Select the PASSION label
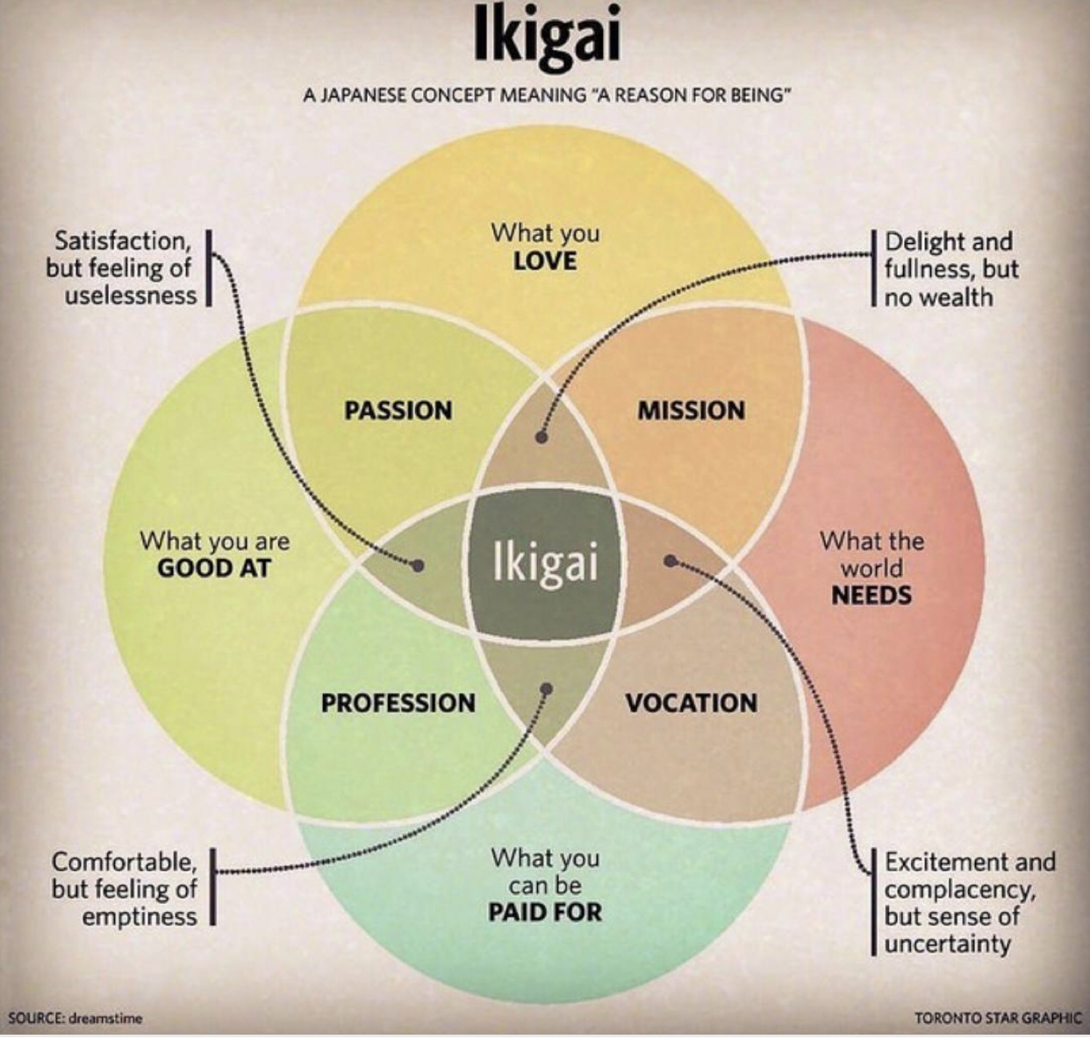coord(398,410)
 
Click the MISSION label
coord(691,410)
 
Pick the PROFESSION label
coord(398,703)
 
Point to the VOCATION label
coord(691,703)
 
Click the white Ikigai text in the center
coord(545,562)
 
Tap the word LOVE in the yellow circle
coord(545,261)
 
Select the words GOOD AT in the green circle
coord(214,568)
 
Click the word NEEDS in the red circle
coord(871,595)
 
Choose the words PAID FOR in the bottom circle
coord(545,912)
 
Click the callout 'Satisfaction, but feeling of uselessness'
coord(122,268)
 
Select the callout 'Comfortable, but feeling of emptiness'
coord(124,888)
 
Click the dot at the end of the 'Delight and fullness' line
coord(542,436)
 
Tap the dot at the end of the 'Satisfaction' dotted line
coord(419,566)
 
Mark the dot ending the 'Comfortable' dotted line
coord(547,689)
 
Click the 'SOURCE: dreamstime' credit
coord(75,1018)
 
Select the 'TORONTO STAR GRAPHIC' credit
coord(997,1018)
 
